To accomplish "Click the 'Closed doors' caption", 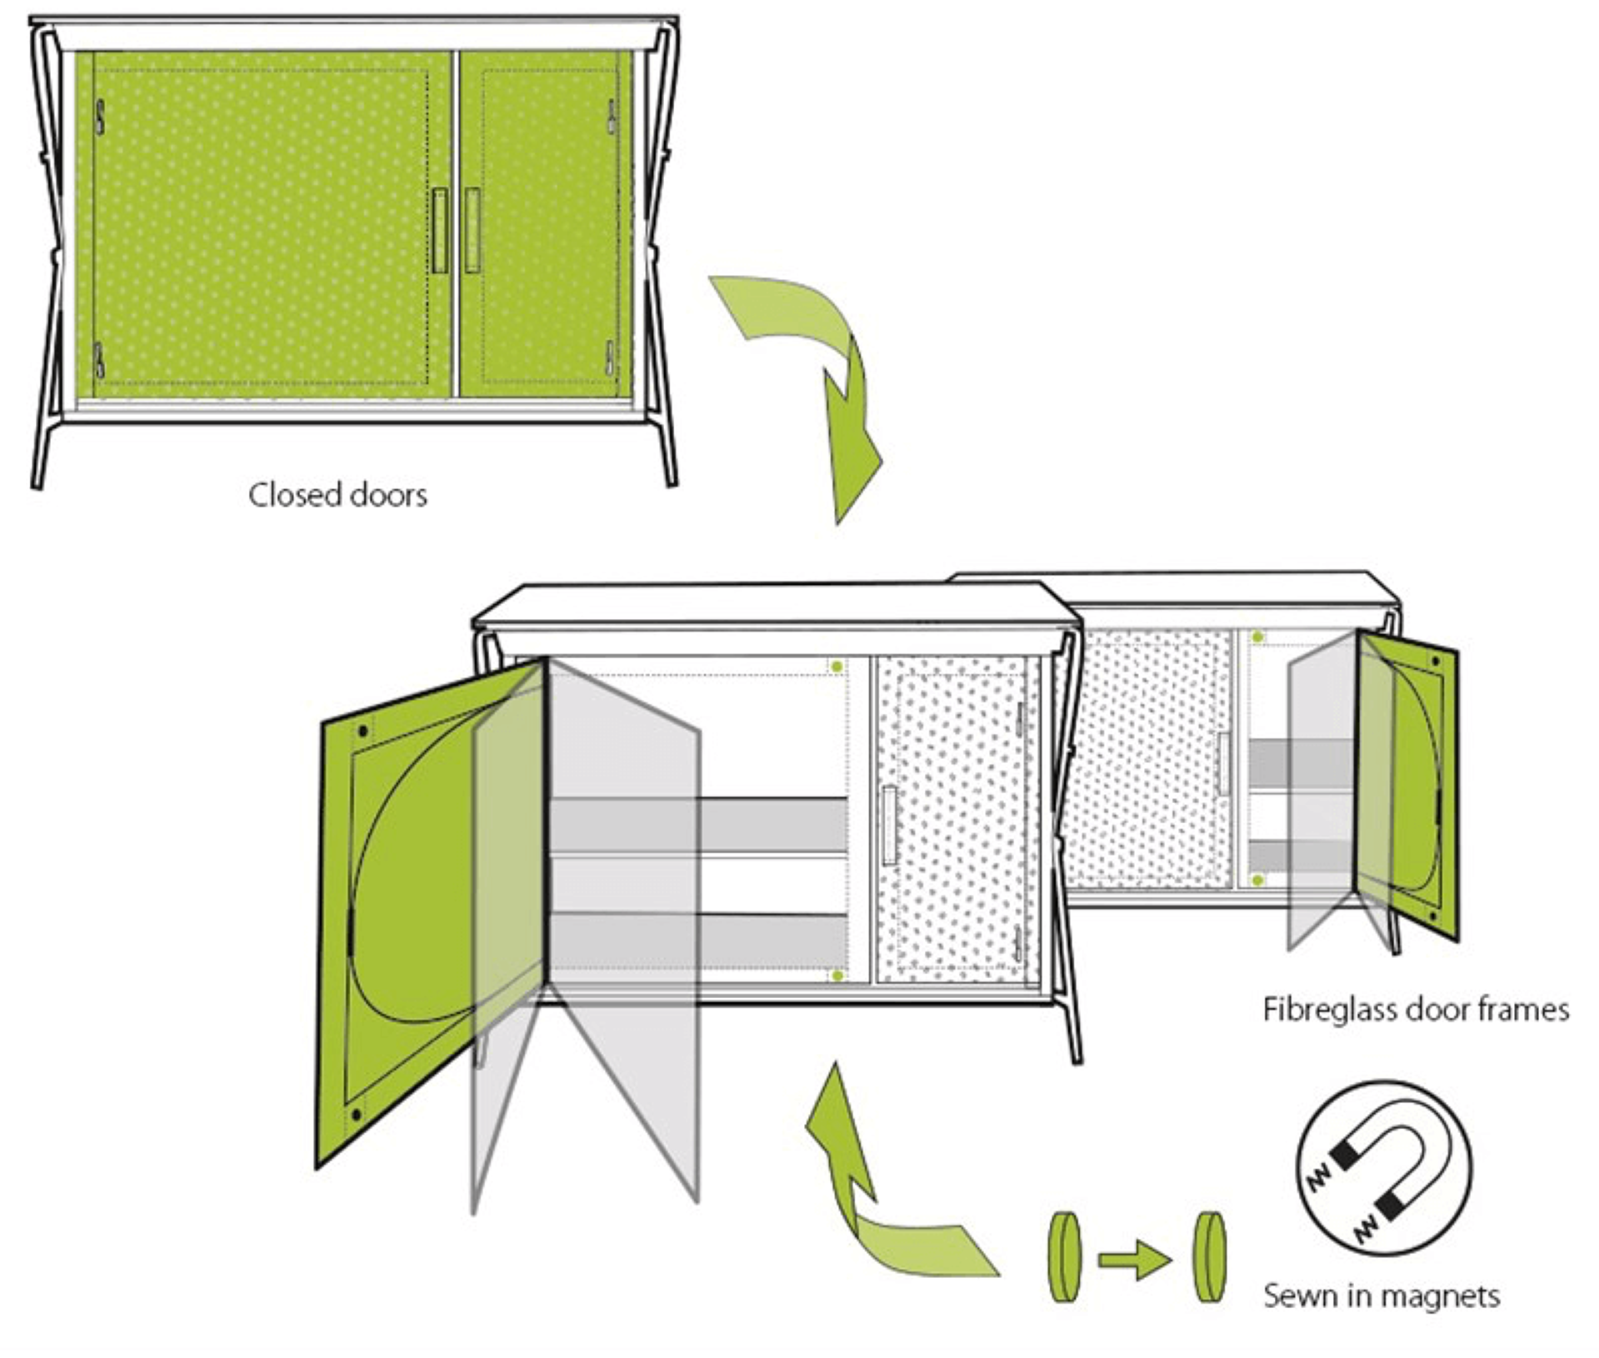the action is [x=337, y=495].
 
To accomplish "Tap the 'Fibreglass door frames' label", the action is [x=1416, y=1010].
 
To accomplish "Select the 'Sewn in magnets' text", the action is [x=1382, y=1296].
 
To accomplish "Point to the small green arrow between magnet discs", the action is [x=1134, y=1260].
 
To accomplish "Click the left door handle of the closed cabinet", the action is [x=440, y=231].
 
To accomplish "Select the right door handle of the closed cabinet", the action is [x=472, y=231].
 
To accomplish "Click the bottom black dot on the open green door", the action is [x=357, y=1115].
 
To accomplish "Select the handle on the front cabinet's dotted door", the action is [x=890, y=825].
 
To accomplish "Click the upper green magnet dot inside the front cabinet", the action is [x=837, y=667].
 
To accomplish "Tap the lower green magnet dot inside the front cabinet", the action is [x=837, y=976].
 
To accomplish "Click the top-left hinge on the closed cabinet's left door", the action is [x=100, y=117].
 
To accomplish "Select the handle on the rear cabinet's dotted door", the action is [x=1223, y=763].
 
